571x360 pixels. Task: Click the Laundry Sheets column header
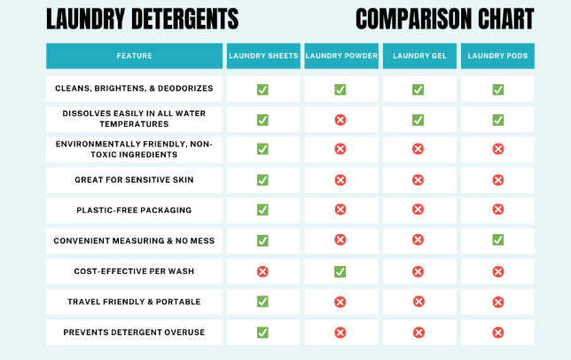[x=262, y=56]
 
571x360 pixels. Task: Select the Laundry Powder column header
[x=340, y=56]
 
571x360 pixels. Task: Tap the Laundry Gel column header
[x=418, y=56]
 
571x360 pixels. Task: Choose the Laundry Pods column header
[x=497, y=56]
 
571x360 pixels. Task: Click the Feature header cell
[x=134, y=56]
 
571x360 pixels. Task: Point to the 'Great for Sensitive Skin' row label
[x=134, y=180]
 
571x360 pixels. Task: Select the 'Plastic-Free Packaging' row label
[x=134, y=210]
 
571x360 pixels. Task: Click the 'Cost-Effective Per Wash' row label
[x=134, y=271]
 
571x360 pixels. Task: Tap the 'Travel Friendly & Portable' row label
[x=134, y=301]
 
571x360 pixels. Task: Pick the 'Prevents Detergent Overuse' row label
[x=134, y=333]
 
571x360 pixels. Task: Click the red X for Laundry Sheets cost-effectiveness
[x=262, y=271]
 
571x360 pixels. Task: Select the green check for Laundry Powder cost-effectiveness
[x=340, y=271]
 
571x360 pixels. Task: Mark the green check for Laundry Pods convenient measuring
[x=497, y=240]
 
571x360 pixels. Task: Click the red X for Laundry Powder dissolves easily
[x=340, y=120]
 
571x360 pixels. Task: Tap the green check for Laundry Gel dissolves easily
[x=418, y=120]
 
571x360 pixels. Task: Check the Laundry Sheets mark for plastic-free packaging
[x=262, y=210]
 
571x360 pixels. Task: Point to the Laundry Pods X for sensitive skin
[x=497, y=180]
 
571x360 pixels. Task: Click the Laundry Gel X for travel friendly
[x=418, y=301]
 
